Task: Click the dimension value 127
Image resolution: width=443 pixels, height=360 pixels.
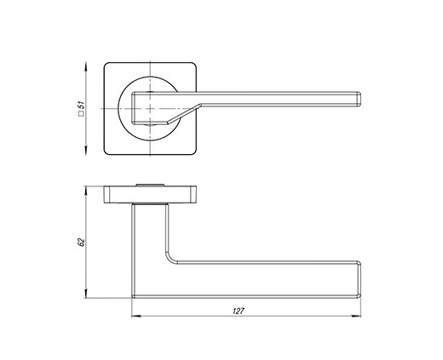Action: [239, 311]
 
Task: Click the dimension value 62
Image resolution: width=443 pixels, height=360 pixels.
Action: [81, 242]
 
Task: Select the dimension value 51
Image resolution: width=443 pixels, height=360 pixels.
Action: [82, 105]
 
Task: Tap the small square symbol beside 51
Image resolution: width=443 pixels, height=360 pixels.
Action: [81, 114]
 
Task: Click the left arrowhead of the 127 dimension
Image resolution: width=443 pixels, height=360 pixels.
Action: [136, 316]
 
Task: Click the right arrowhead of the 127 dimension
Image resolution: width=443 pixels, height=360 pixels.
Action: [356, 316]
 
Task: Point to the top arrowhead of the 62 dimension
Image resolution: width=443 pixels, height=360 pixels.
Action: [86, 191]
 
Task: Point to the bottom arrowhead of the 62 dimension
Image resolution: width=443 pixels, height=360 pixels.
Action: [86, 294]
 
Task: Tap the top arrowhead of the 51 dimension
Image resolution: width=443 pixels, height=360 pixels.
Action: [86, 67]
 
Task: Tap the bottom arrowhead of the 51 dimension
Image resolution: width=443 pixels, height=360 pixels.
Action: [86, 150]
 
